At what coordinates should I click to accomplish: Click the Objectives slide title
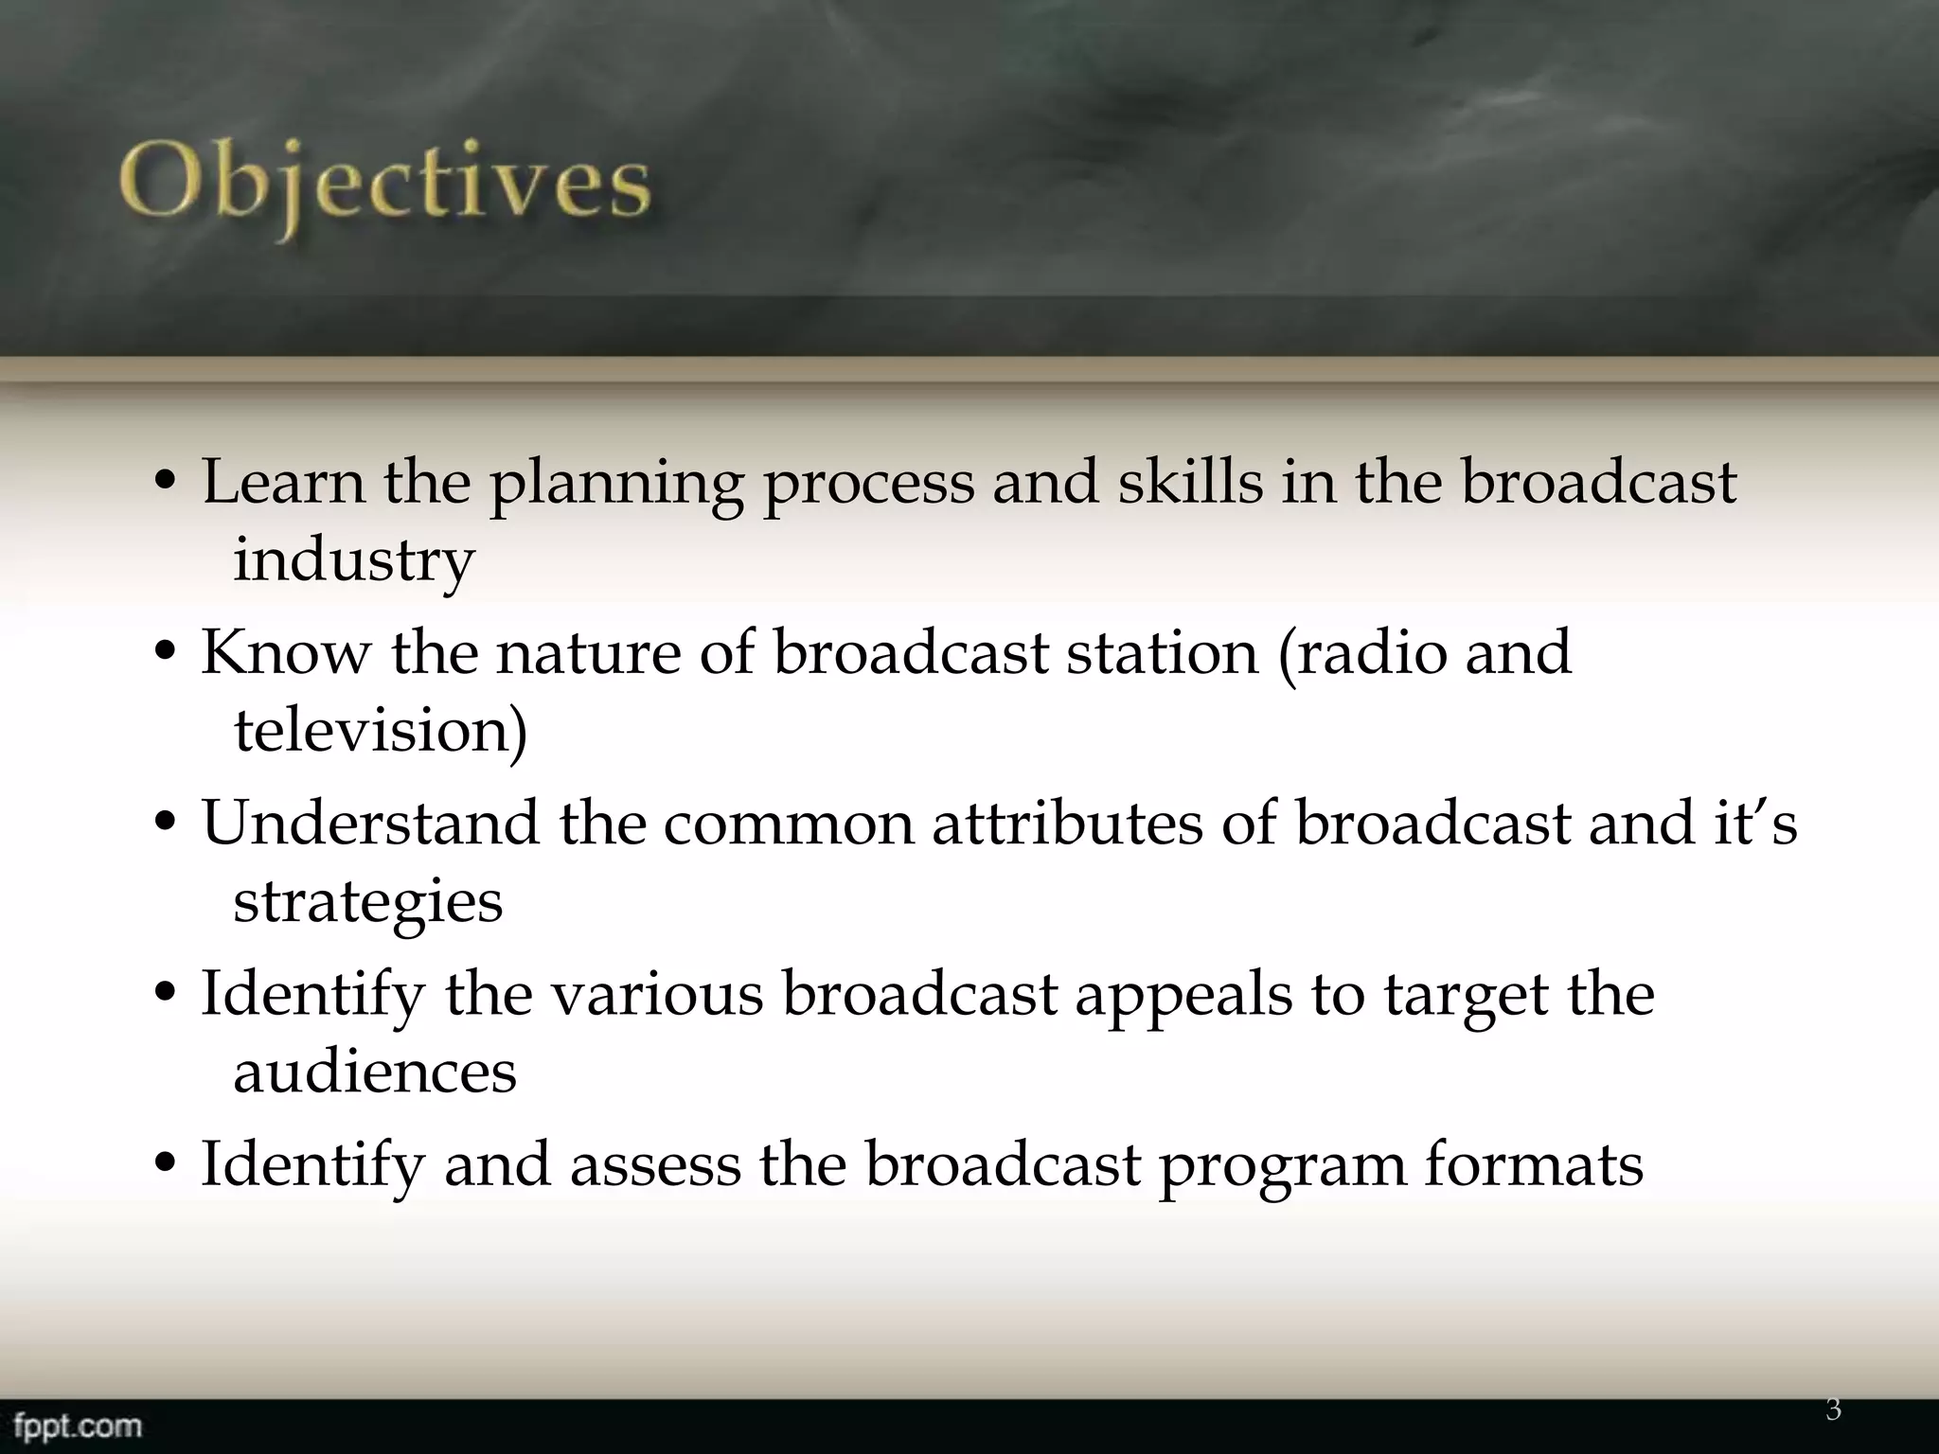385,185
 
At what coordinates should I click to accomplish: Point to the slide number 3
1833,1410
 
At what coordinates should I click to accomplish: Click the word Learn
283,482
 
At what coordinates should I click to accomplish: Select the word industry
353,560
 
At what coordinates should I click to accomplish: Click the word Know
286,652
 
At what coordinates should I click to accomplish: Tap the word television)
381,731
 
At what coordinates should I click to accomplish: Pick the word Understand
369,823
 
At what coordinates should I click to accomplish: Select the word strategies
367,903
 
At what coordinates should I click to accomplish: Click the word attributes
1067,823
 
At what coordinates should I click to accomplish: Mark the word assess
655,1164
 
